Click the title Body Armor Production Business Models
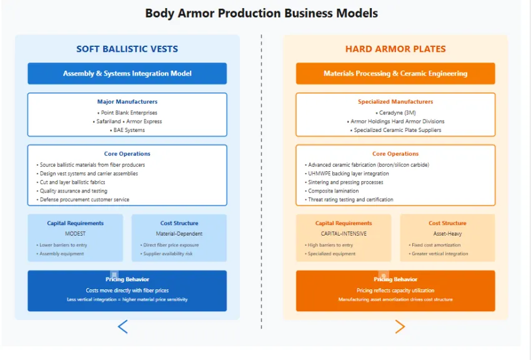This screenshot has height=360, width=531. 261,13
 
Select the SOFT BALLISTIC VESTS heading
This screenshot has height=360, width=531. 127,49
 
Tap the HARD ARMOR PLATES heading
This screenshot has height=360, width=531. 395,49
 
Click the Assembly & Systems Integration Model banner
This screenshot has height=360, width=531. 127,73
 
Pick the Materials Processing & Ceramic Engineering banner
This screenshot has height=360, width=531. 395,73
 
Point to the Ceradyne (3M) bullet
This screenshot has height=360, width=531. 395,113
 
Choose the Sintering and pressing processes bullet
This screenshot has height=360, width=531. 345,182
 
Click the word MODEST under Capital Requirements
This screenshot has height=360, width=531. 75,234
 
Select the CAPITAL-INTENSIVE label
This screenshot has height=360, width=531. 343,234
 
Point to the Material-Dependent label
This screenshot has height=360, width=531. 179,234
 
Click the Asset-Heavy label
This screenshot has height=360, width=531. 447,234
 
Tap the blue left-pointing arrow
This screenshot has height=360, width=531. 122,326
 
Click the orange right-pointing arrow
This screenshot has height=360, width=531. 400,326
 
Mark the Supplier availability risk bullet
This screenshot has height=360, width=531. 167,254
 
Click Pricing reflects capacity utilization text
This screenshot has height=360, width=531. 395,291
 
